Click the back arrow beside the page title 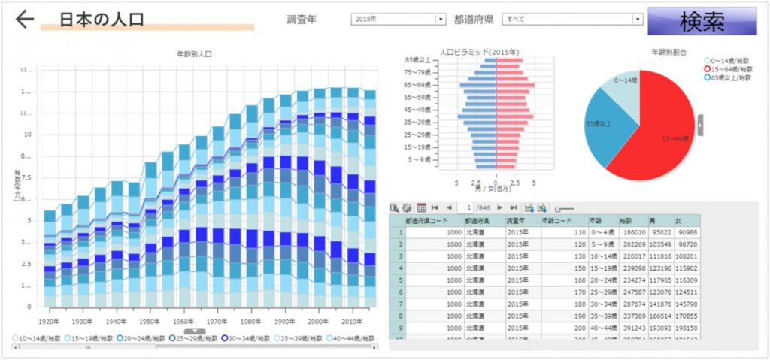[25, 20]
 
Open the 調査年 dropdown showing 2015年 [399, 20]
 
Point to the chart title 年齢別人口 [194, 55]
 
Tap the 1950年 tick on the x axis [150, 321]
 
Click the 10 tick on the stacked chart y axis [29, 135]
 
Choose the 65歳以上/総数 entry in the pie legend [731, 77]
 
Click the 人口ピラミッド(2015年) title [480, 52]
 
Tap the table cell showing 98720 [687, 244]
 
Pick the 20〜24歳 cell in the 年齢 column [603, 280]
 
